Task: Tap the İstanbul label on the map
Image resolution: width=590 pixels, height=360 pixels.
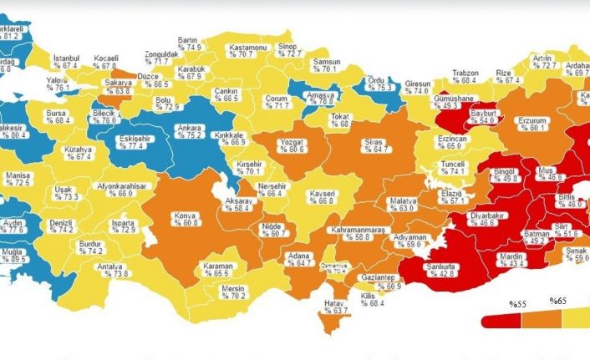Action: (65, 57)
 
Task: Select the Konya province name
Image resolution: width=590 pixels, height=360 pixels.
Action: (184, 215)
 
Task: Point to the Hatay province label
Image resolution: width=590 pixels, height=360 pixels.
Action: (335, 302)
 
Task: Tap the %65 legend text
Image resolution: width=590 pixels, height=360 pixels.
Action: (557, 300)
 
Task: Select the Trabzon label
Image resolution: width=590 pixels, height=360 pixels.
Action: (465, 72)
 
